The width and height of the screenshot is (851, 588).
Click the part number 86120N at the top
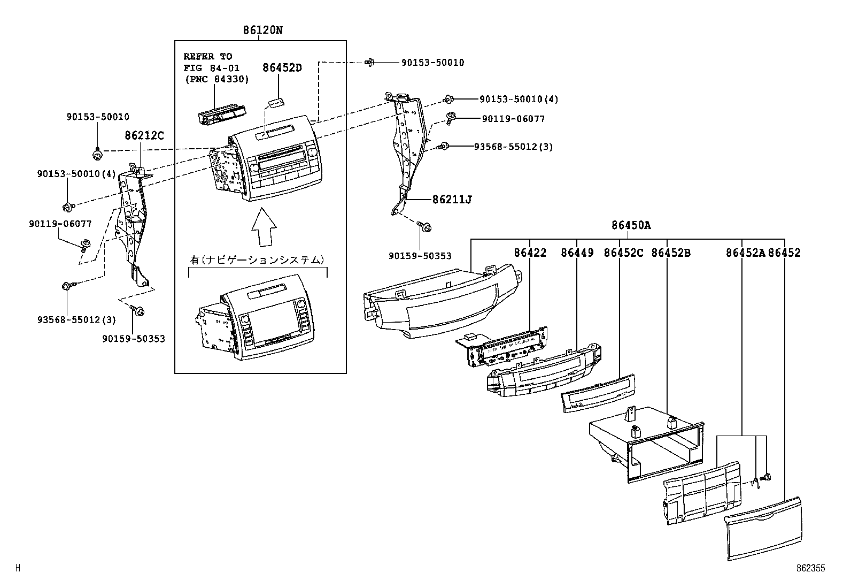tap(262, 30)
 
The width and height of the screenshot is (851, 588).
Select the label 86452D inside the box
tap(282, 68)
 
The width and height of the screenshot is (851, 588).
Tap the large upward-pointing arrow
tap(264, 227)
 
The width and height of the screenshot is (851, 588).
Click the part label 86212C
tap(144, 136)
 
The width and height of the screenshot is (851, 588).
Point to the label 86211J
tap(452, 200)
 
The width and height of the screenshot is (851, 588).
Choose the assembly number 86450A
tap(631, 225)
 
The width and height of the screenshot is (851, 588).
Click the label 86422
tap(530, 253)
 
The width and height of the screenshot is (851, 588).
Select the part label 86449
tap(577, 253)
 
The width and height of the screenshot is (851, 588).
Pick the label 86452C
tap(623, 253)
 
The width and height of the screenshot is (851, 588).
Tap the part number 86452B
tap(670, 253)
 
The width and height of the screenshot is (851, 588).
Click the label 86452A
tap(745, 253)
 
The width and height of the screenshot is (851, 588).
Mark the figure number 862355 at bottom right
tap(810, 568)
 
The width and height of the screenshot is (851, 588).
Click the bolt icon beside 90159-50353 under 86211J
tap(426, 227)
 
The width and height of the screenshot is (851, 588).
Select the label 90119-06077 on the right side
tap(513, 119)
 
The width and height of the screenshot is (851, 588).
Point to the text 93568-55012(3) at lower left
tap(76, 320)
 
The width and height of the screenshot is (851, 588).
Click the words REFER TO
tap(208, 56)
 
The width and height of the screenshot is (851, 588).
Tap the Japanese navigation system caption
tap(258, 260)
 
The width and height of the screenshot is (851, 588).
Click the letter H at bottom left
tap(18, 568)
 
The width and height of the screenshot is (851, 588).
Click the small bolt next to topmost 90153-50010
tap(369, 63)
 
